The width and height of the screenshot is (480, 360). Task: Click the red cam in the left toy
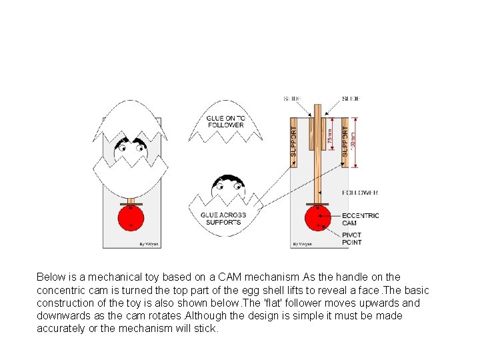[131, 218]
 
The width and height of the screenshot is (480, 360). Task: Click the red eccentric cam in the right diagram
[317, 218]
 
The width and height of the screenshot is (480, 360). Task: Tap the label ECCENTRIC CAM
[360, 219]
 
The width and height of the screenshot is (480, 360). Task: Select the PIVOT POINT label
[351, 238]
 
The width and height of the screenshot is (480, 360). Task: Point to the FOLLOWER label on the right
[360, 193]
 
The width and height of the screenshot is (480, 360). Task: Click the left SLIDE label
[292, 99]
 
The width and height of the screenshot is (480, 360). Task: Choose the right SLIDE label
[351, 99]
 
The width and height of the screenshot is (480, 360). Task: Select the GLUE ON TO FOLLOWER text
[225, 121]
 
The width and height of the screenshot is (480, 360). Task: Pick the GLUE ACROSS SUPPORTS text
[223, 218]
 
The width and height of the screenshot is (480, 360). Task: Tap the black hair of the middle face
[227, 180]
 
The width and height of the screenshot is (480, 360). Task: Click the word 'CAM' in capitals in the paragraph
[258, 277]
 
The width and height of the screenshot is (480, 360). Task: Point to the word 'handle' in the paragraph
[369, 277]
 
